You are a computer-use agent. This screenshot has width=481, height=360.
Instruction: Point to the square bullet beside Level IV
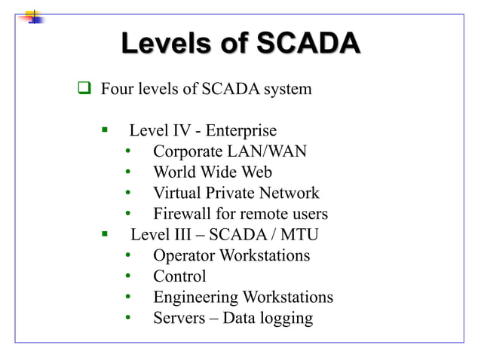coord(106,130)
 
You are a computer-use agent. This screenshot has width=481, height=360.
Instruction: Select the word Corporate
coord(188,151)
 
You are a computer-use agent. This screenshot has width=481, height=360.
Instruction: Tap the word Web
coord(256,172)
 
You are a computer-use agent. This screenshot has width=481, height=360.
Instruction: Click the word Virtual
coord(179,193)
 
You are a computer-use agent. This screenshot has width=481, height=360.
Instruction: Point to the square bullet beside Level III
coord(106,234)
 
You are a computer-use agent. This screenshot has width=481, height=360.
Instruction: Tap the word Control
coord(179,276)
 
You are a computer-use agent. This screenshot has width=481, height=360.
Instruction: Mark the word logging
coord(286,319)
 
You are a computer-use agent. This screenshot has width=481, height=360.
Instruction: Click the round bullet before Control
coord(129,276)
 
